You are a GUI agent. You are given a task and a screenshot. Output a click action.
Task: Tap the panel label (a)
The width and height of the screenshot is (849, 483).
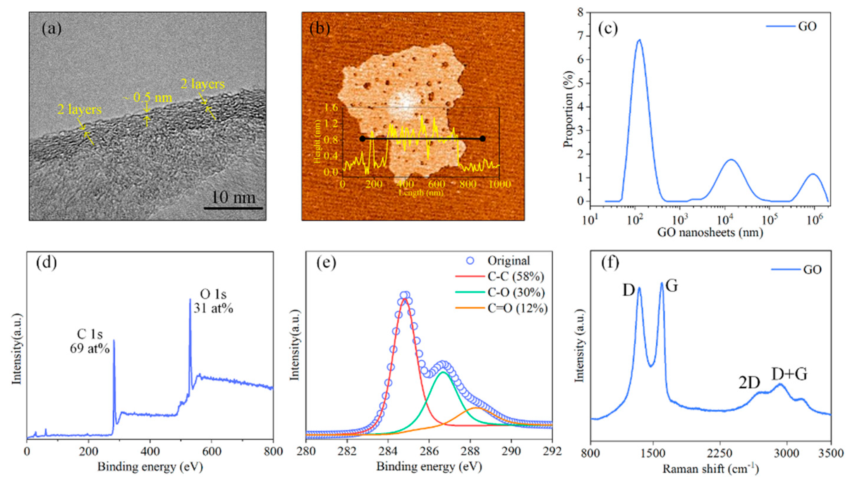51,29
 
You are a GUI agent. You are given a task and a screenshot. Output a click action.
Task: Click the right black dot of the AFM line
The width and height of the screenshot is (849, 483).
483,139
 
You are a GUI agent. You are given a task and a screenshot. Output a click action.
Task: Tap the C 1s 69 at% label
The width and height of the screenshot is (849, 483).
90,341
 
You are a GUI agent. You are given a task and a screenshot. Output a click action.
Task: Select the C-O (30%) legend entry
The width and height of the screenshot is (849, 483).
516,293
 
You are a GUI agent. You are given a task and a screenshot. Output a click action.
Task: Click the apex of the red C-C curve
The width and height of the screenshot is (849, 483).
404,299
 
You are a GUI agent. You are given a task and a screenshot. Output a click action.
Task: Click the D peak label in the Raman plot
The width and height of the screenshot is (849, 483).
628,291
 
